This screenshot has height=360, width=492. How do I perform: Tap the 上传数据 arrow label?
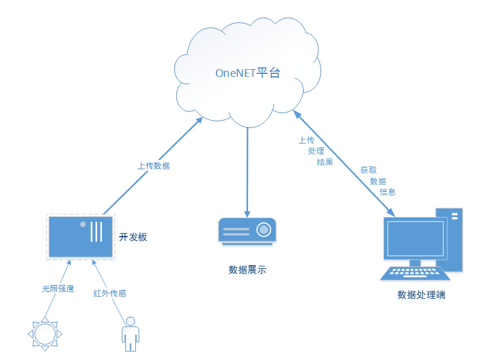(153, 166)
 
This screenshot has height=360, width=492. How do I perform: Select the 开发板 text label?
(132, 237)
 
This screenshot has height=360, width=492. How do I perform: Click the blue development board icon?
(81, 237)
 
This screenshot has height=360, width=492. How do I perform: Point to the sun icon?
(44, 333)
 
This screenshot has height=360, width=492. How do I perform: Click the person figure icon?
(130, 336)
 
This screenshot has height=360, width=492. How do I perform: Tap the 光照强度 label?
(58, 288)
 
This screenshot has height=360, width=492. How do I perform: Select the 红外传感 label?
(110, 293)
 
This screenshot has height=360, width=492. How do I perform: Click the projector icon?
(247, 231)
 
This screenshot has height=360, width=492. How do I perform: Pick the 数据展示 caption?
(247, 269)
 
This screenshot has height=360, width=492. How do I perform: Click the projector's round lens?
(263, 229)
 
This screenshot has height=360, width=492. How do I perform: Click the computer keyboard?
(416, 273)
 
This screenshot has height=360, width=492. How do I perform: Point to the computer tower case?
(450, 238)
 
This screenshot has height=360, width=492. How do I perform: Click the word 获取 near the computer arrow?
(368, 170)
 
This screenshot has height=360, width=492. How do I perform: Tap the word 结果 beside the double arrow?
(325, 162)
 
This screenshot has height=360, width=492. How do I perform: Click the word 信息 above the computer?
(388, 192)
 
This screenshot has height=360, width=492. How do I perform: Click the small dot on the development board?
(83, 225)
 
